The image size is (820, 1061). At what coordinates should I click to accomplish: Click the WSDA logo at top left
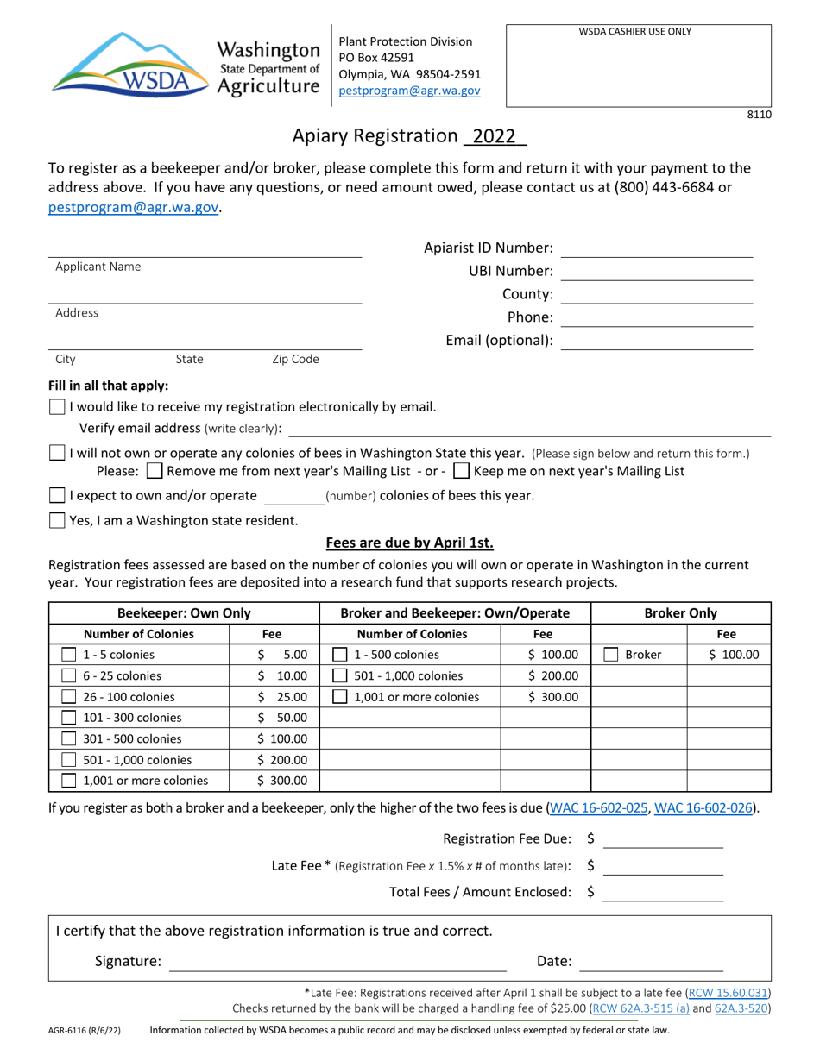(x=129, y=64)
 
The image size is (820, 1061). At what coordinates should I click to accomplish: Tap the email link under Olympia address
(x=409, y=90)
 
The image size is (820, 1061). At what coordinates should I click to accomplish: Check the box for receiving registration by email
(x=57, y=406)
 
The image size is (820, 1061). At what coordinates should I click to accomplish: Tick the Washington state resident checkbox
(x=57, y=520)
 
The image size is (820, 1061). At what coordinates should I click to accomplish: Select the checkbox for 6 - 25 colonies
(x=70, y=676)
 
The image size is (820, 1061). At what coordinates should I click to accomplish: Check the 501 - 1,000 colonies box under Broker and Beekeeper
(x=341, y=676)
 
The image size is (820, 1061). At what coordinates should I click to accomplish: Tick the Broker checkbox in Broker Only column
(x=611, y=655)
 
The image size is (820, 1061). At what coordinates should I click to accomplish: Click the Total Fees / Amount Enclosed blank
(x=662, y=893)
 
